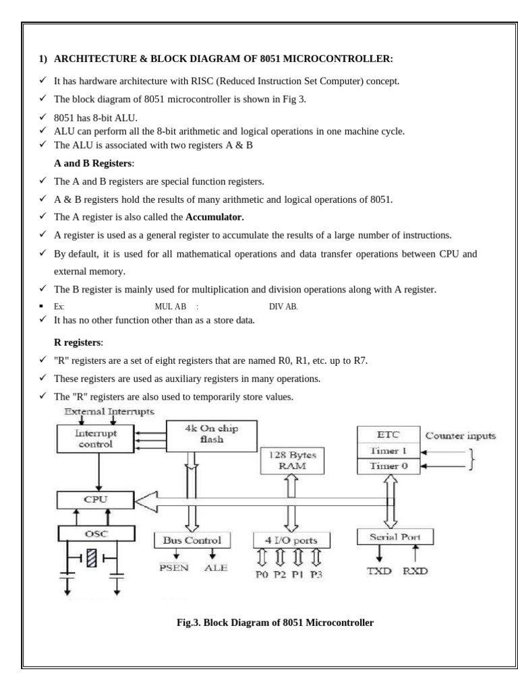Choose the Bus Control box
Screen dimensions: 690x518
[192, 540]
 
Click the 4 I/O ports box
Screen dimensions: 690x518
[291, 540]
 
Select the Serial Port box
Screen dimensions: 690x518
[395, 536]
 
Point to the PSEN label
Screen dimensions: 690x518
[173, 567]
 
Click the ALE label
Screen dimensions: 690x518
[217, 567]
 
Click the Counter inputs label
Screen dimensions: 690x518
[461, 436]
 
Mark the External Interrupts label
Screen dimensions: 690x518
[109, 410]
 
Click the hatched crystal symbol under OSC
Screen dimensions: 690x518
[92, 558]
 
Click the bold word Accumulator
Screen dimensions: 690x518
[214, 217]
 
